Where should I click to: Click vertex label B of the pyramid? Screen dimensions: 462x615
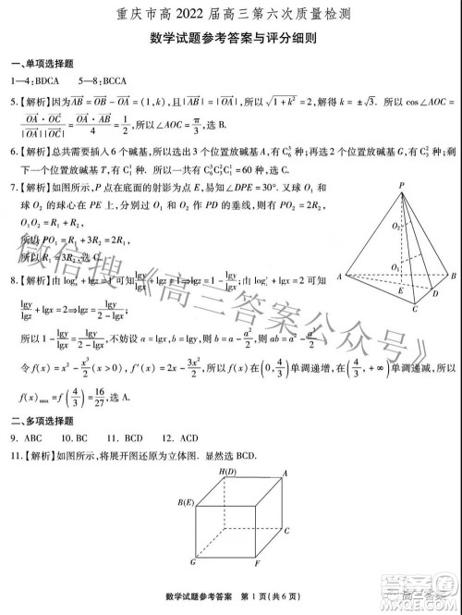coord(453,276)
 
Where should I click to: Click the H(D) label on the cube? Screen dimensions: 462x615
coord(227,473)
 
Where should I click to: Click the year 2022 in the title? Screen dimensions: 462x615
coord(170,15)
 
